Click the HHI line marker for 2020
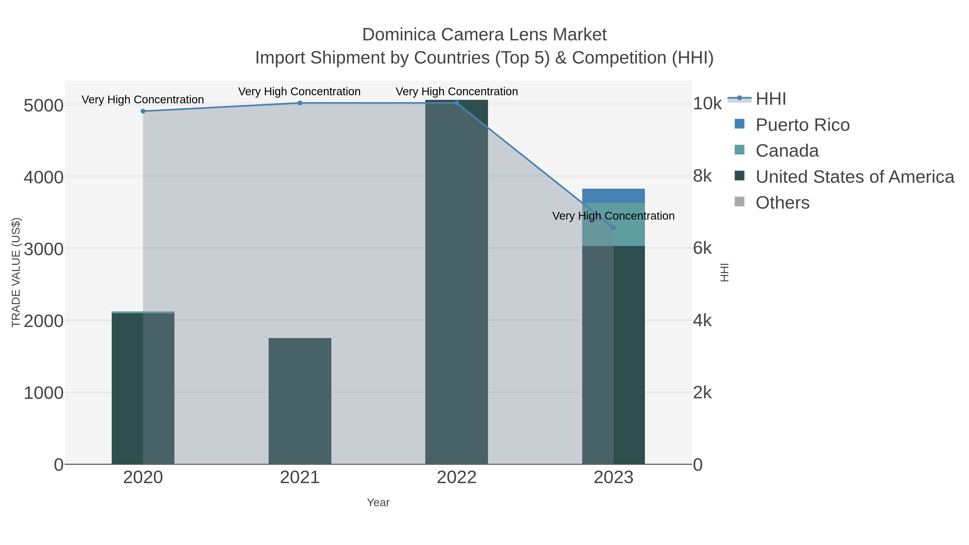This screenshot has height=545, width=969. click(143, 111)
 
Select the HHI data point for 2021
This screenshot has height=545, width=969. click(300, 103)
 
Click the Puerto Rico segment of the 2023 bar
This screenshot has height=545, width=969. click(613, 196)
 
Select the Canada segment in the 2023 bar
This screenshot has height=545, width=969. click(629, 224)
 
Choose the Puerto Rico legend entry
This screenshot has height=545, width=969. click(802, 125)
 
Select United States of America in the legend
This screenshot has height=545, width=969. click(855, 177)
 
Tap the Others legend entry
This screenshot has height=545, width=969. click(782, 203)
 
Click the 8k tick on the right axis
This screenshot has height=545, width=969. click(702, 176)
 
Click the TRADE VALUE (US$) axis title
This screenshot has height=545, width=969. click(16, 272)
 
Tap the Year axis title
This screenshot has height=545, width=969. click(378, 502)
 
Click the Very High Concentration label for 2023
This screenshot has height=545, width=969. click(613, 216)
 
